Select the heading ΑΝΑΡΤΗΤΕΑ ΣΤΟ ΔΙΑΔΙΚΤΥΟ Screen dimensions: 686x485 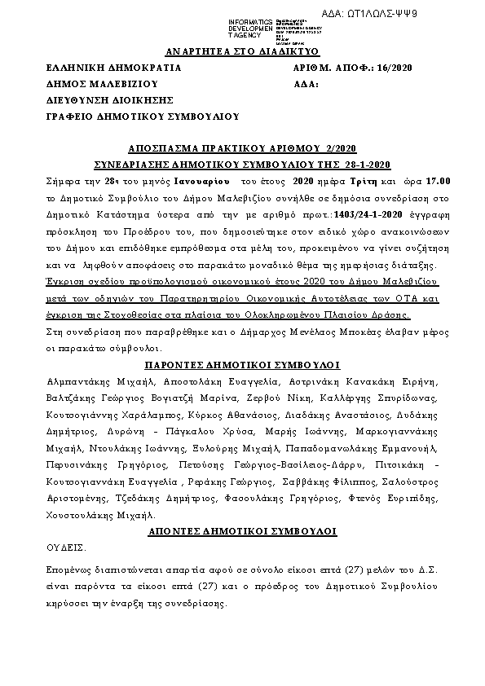(x=243, y=51)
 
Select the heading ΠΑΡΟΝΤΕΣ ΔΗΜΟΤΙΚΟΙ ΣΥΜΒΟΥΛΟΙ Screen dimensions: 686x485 (x=242, y=364)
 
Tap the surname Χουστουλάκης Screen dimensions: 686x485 (x=82, y=516)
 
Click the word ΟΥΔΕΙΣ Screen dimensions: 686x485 (x=67, y=547)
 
